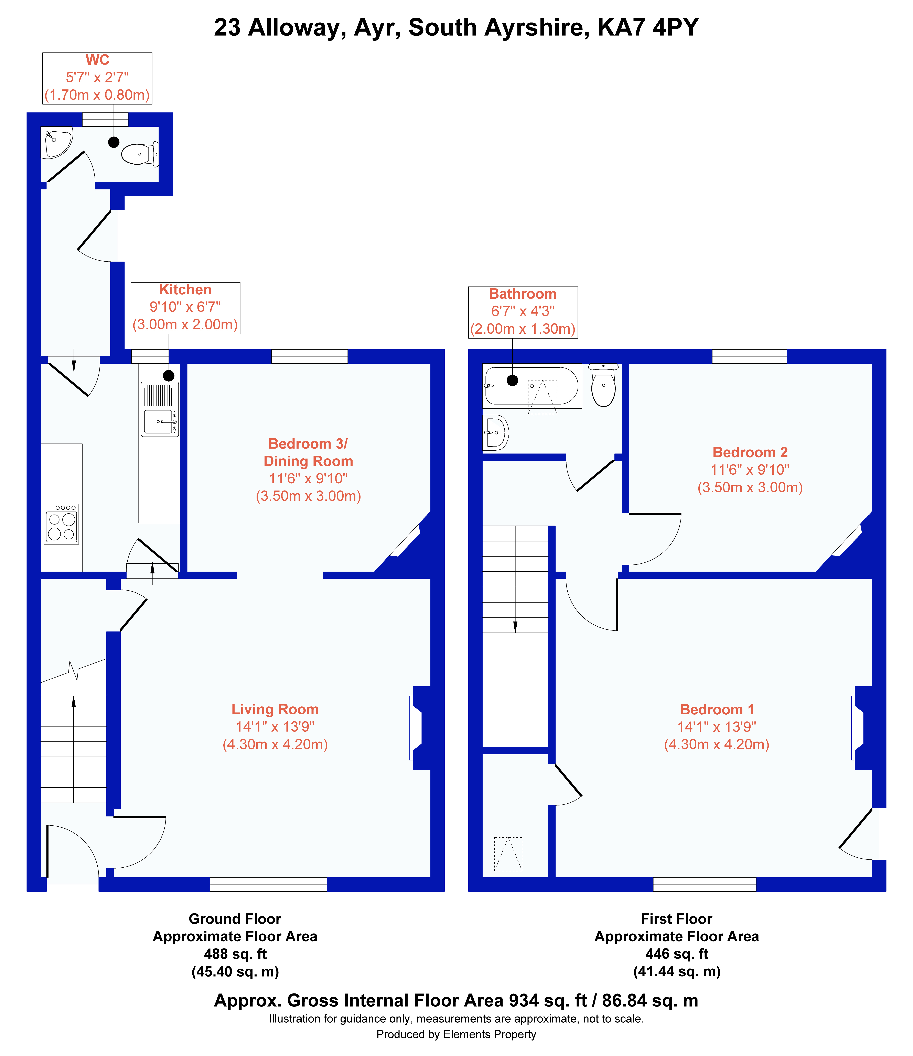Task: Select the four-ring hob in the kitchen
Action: [61, 524]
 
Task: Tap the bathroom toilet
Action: [604, 385]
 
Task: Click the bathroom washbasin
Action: [495, 433]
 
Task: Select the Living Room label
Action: [275, 709]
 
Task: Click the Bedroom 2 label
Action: [750, 452]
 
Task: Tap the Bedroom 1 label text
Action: [717, 709]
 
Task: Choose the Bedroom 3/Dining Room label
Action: [308, 453]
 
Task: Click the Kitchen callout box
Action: [186, 308]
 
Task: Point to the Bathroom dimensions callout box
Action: [523, 312]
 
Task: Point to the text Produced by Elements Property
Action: [456, 1034]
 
